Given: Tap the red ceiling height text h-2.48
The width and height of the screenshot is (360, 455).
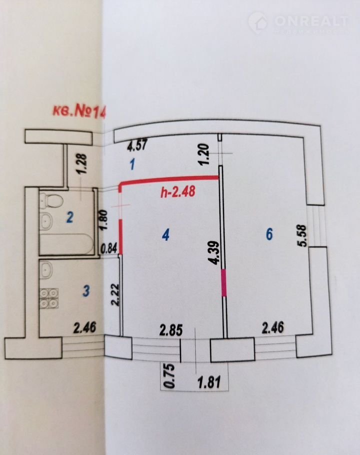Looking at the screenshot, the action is point(178,192).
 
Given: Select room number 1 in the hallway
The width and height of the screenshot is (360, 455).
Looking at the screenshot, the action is point(132,165).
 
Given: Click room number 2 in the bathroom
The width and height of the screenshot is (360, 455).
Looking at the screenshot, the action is point(69,217).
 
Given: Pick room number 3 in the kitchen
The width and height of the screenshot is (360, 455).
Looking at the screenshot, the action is point(86,290).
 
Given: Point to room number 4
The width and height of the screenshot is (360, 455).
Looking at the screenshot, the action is point(165,234).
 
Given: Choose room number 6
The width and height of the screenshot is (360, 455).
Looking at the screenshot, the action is point(269,234).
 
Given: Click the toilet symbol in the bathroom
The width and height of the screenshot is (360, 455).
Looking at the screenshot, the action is point(51,200).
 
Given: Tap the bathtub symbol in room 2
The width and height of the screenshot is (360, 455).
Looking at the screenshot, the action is point(66,244).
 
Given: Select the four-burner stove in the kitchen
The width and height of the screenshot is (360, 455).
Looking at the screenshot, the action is point(48,298).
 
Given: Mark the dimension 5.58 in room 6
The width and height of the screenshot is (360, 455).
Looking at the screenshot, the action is point(302,235).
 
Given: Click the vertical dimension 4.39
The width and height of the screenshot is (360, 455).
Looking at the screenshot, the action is point(215,252).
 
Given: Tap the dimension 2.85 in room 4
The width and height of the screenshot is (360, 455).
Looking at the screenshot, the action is point(171,330).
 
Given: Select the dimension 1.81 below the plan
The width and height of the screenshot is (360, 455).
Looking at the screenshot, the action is point(209,382).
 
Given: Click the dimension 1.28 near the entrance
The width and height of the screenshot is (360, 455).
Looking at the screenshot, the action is point(82,163).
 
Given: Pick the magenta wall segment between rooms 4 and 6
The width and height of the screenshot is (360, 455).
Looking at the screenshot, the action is point(224,282).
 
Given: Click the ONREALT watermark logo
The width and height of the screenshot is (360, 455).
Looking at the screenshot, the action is point(298,22).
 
